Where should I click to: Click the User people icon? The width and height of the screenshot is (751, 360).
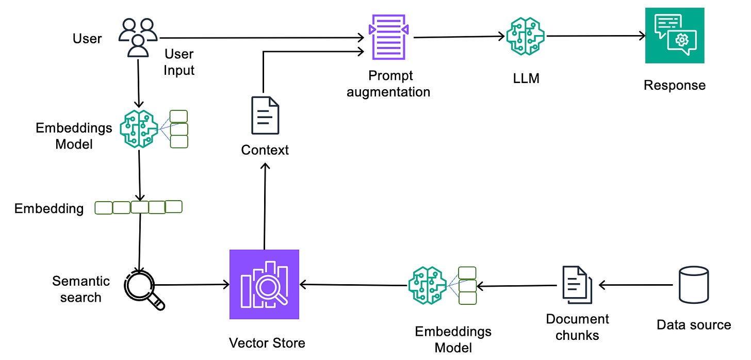pos(138,37)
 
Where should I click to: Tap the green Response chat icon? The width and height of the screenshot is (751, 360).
pos(675,35)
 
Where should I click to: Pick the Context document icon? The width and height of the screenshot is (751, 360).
pos(265,115)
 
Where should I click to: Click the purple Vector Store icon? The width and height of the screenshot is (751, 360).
pos(264,284)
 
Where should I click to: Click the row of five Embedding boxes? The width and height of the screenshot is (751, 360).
pos(139,207)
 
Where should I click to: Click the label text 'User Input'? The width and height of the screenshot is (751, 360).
pos(179,62)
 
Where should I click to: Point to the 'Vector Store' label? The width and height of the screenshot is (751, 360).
pos(267,342)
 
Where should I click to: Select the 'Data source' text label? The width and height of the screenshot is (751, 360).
pos(694,325)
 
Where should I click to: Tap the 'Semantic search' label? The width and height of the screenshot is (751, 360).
pos(81,289)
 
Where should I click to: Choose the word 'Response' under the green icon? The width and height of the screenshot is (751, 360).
pos(674,85)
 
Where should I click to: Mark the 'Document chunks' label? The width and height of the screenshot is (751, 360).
pos(578,327)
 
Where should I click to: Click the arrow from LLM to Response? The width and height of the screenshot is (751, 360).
pos(596,36)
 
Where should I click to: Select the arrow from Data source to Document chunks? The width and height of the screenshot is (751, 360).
pos(635,285)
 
